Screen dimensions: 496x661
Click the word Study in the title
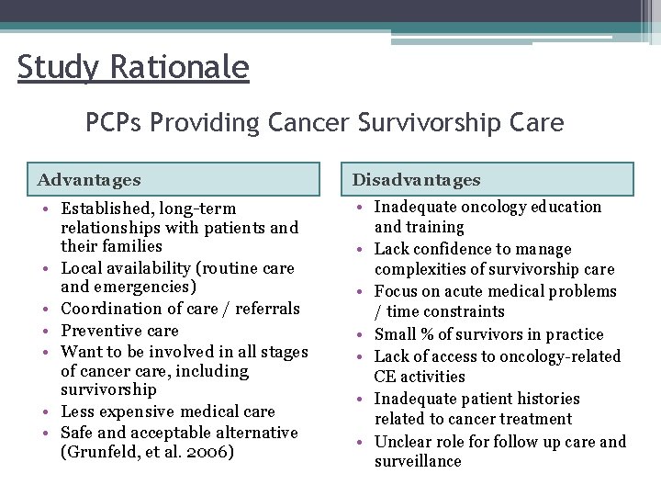(x=51, y=67)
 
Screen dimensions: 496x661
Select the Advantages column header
(x=90, y=180)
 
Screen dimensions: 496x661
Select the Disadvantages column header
(x=416, y=180)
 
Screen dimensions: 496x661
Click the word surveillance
(x=418, y=461)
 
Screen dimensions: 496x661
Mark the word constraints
(x=462, y=311)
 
